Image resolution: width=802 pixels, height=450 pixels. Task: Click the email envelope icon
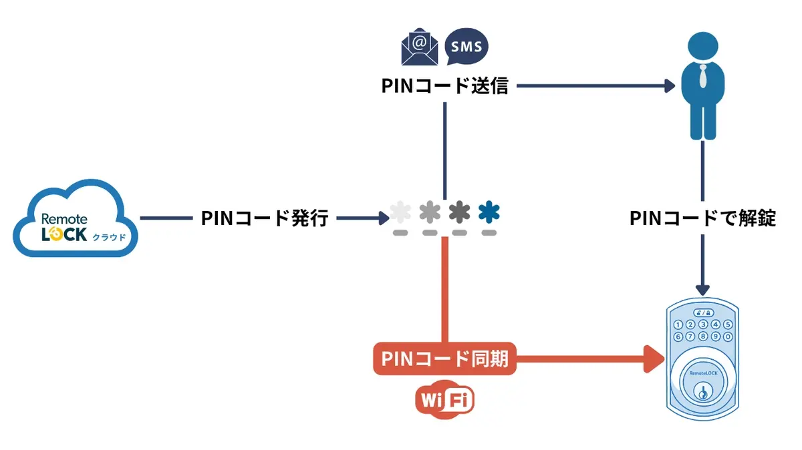[418, 46]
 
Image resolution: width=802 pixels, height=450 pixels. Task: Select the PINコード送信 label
[445, 85]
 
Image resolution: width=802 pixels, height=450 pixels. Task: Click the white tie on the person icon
[702, 77]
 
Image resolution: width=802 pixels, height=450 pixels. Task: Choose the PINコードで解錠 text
[702, 218]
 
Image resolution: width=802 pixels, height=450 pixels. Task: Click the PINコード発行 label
[265, 218]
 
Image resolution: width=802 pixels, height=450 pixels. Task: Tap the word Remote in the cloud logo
[64, 219]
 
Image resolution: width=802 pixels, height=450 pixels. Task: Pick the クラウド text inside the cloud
[108, 237]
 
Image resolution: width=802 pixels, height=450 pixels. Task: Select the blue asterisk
[489, 212]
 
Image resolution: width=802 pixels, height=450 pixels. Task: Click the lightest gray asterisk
[400, 212]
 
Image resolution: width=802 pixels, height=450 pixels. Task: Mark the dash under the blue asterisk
[489, 233]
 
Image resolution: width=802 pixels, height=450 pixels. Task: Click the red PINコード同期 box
[444, 360]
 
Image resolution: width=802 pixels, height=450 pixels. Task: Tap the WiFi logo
[444, 401]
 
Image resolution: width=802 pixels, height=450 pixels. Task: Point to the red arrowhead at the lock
[655, 360]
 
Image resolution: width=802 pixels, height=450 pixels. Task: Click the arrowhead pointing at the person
[669, 85]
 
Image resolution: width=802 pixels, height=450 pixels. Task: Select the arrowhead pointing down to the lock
[702, 289]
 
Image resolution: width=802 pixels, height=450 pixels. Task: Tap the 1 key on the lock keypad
[678, 325]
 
